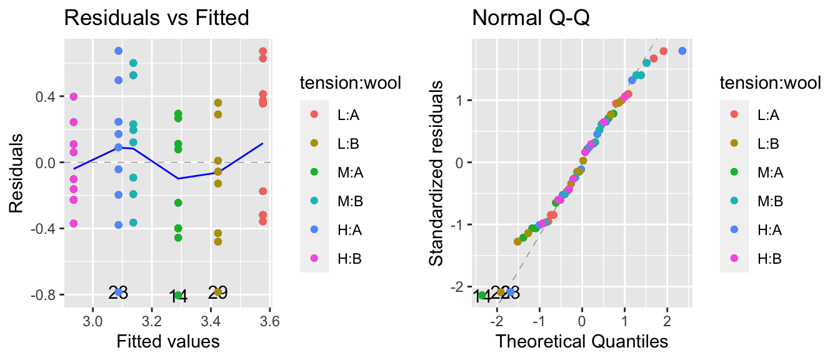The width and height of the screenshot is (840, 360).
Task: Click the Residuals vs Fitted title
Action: point(157,18)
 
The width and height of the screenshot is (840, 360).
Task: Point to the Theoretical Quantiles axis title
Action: point(582,341)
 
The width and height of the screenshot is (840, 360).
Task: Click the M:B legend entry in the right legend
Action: point(752,201)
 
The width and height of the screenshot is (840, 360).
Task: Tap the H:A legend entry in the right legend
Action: point(752,230)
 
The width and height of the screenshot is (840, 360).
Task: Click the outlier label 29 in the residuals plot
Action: point(217,292)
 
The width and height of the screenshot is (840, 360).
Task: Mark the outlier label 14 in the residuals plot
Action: point(178,296)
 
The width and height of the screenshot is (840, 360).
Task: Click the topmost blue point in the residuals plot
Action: point(118,51)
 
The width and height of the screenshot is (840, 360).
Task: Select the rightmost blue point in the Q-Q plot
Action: point(682,51)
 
